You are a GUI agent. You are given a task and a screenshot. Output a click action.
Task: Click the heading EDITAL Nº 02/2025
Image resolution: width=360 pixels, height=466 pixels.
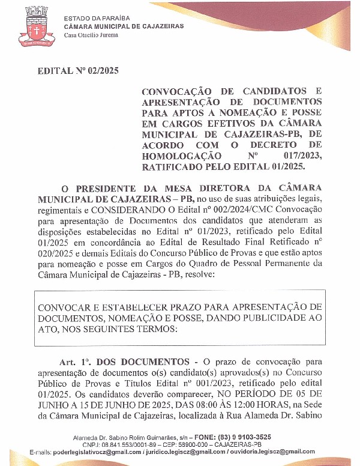pos(78,70)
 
